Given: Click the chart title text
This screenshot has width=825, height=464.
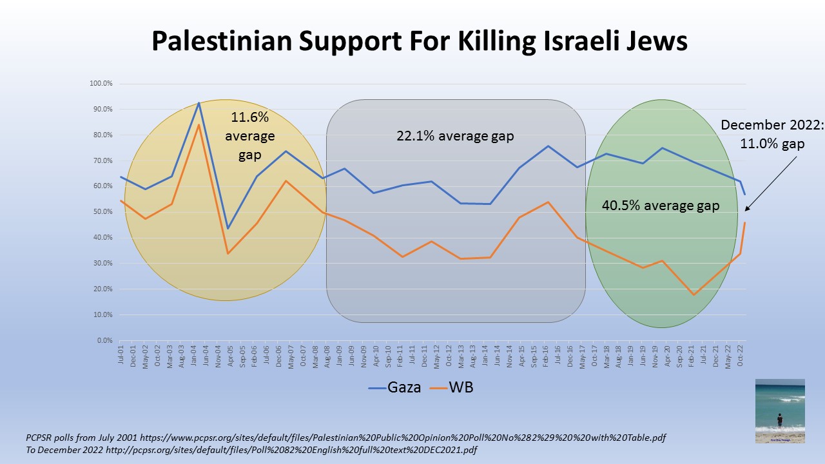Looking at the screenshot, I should click(420, 41).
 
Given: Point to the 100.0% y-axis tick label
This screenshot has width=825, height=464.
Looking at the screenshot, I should click(102, 83).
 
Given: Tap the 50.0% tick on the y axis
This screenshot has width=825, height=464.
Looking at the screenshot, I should click(103, 212).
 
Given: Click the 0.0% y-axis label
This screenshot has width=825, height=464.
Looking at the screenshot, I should click(104, 340).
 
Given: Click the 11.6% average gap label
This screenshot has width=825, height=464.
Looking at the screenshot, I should click(250, 136).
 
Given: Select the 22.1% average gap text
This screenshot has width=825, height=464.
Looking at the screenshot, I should click(454, 136).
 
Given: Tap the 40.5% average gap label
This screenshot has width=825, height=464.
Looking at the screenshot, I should click(660, 206).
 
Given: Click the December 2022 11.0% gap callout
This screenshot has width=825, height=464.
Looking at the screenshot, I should click(772, 134).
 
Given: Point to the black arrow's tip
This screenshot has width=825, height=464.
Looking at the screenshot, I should click(746, 210).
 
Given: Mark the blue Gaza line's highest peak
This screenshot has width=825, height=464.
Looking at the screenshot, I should click(199, 102).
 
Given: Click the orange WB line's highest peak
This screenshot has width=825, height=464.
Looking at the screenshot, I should click(199, 124).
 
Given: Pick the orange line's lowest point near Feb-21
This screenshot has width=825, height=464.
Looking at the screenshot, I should click(694, 295).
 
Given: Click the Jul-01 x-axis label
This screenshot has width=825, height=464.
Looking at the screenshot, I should click(121, 353).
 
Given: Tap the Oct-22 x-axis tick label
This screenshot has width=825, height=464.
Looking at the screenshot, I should click(740, 353).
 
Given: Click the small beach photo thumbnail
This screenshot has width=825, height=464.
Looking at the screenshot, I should click(780, 411).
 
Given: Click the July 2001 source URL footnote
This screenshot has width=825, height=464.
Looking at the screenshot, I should click(345, 438).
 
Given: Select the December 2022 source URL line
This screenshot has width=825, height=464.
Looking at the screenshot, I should click(251, 450).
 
